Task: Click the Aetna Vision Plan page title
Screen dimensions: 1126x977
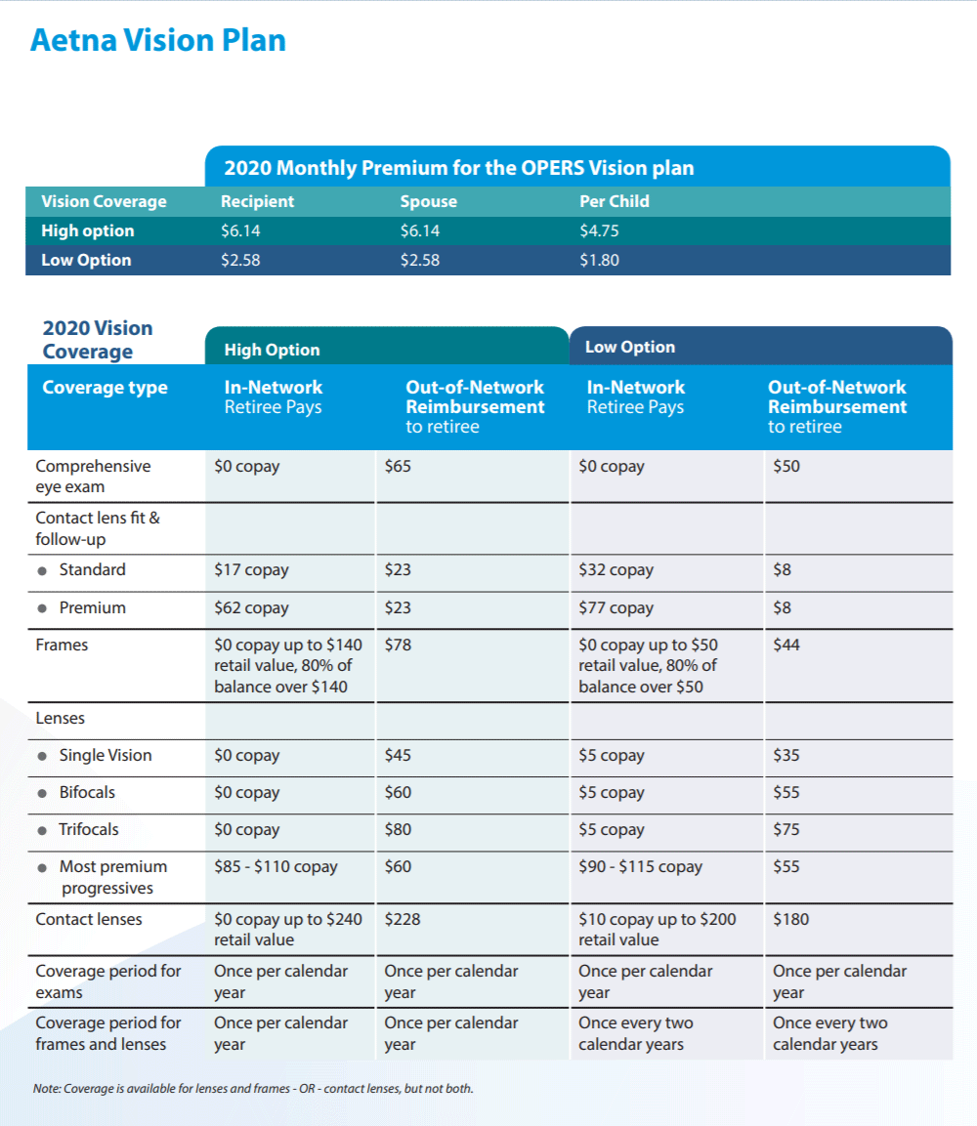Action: pyautogui.click(x=158, y=41)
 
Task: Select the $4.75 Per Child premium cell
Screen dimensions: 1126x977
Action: pyautogui.click(x=599, y=231)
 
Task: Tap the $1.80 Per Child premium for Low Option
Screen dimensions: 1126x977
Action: pyautogui.click(x=599, y=261)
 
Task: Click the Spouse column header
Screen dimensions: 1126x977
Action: pyautogui.click(x=428, y=202)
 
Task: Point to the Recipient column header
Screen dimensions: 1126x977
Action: pyautogui.click(x=257, y=202)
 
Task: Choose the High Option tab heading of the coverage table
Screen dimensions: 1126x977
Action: pyautogui.click(x=272, y=350)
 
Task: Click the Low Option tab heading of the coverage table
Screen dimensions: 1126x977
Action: pyautogui.click(x=630, y=347)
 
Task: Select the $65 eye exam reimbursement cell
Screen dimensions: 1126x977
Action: pyautogui.click(x=398, y=467)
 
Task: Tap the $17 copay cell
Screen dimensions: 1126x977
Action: pyautogui.click(x=251, y=570)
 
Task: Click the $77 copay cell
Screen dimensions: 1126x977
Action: pyautogui.click(x=616, y=608)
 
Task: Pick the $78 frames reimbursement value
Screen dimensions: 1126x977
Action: pyautogui.click(x=398, y=646)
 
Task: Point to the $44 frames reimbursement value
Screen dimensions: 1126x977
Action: pyautogui.click(x=786, y=646)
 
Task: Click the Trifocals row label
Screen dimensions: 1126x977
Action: pyautogui.click(x=89, y=830)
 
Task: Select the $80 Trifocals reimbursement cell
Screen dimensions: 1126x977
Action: pyautogui.click(x=398, y=830)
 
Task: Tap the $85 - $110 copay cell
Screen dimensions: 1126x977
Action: pyautogui.click(x=276, y=867)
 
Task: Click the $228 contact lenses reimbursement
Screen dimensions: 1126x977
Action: pyautogui.click(x=403, y=920)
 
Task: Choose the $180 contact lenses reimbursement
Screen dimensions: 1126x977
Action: pyautogui.click(x=791, y=920)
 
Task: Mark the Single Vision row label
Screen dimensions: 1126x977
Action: pyautogui.click(x=105, y=756)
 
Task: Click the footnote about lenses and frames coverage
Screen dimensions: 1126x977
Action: pyautogui.click(x=253, y=1089)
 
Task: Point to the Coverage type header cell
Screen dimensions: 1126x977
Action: pyautogui.click(x=105, y=388)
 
